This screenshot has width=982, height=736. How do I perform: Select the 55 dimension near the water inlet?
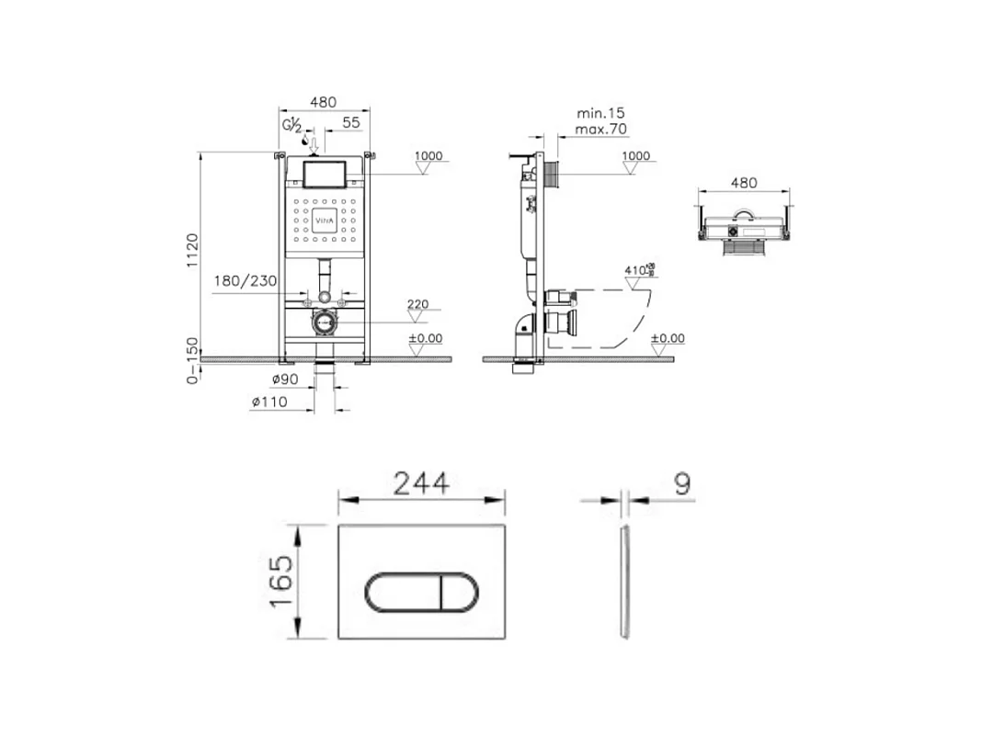[350, 121]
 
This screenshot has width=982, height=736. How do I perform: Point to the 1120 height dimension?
[192, 251]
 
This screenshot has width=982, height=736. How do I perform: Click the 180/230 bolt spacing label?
[245, 281]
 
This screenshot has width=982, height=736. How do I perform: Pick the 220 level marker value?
[418, 303]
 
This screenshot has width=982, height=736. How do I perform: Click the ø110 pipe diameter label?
[268, 401]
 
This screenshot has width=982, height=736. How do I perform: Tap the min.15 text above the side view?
[600, 112]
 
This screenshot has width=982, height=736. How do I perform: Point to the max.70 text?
[600, 129]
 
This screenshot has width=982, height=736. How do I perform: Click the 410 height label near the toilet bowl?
[635, 271]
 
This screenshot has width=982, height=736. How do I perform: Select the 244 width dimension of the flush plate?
[421, 483]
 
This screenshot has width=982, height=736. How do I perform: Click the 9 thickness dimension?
[681, 483]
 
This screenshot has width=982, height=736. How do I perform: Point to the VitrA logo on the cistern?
[325, 221]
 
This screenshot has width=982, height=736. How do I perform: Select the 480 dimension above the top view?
[744, 183]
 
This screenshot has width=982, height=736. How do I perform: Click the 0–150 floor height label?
[192, 360]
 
